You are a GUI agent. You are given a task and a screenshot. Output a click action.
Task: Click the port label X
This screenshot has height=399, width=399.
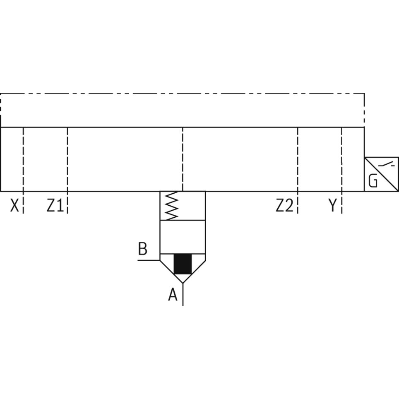point(14,205)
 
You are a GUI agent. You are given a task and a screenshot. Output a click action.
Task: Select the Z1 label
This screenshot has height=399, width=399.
point(55,205)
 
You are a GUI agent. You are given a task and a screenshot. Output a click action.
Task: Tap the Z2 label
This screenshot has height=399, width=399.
point(284,205)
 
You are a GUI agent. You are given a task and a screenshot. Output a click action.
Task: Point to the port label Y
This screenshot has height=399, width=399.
point(332,205)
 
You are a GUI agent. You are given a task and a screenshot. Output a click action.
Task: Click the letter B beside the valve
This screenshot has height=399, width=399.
point(142,248)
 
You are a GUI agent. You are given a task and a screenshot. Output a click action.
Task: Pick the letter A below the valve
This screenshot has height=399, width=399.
point(173,295)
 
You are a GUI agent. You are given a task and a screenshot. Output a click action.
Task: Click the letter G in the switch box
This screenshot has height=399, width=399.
point(373,181)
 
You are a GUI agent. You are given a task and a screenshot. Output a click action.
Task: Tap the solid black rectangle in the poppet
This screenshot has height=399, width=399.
point(183,264)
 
